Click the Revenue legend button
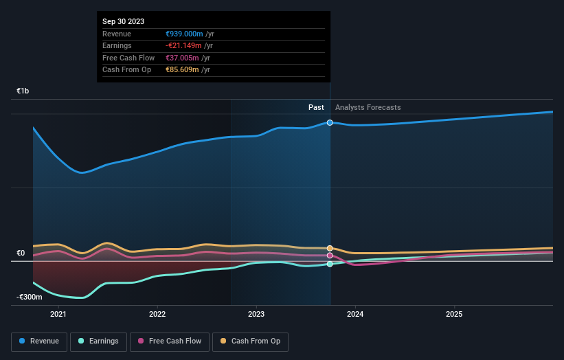click(40, 341)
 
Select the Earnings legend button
click(99, 341)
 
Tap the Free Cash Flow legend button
click(169, 341)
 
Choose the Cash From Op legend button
click(251, 341)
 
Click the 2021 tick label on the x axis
click(58, 315)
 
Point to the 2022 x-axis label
click(157, 315)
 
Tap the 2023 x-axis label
click(256, 315)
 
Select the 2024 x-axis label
click(355, 315)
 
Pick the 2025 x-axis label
click(454, 315)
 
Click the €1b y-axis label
click(23, 91)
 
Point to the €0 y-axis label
click(21, 253)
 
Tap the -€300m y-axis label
click(30, 297)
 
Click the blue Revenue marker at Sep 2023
click(330, 122)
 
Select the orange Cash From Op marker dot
click(330, 248)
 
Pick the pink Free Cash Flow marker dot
click(330, 256)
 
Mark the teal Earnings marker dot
click(330, 264)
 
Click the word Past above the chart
click(316, 107)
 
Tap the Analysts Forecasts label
click(368, 107)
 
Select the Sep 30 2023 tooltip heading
click(124, 21)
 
